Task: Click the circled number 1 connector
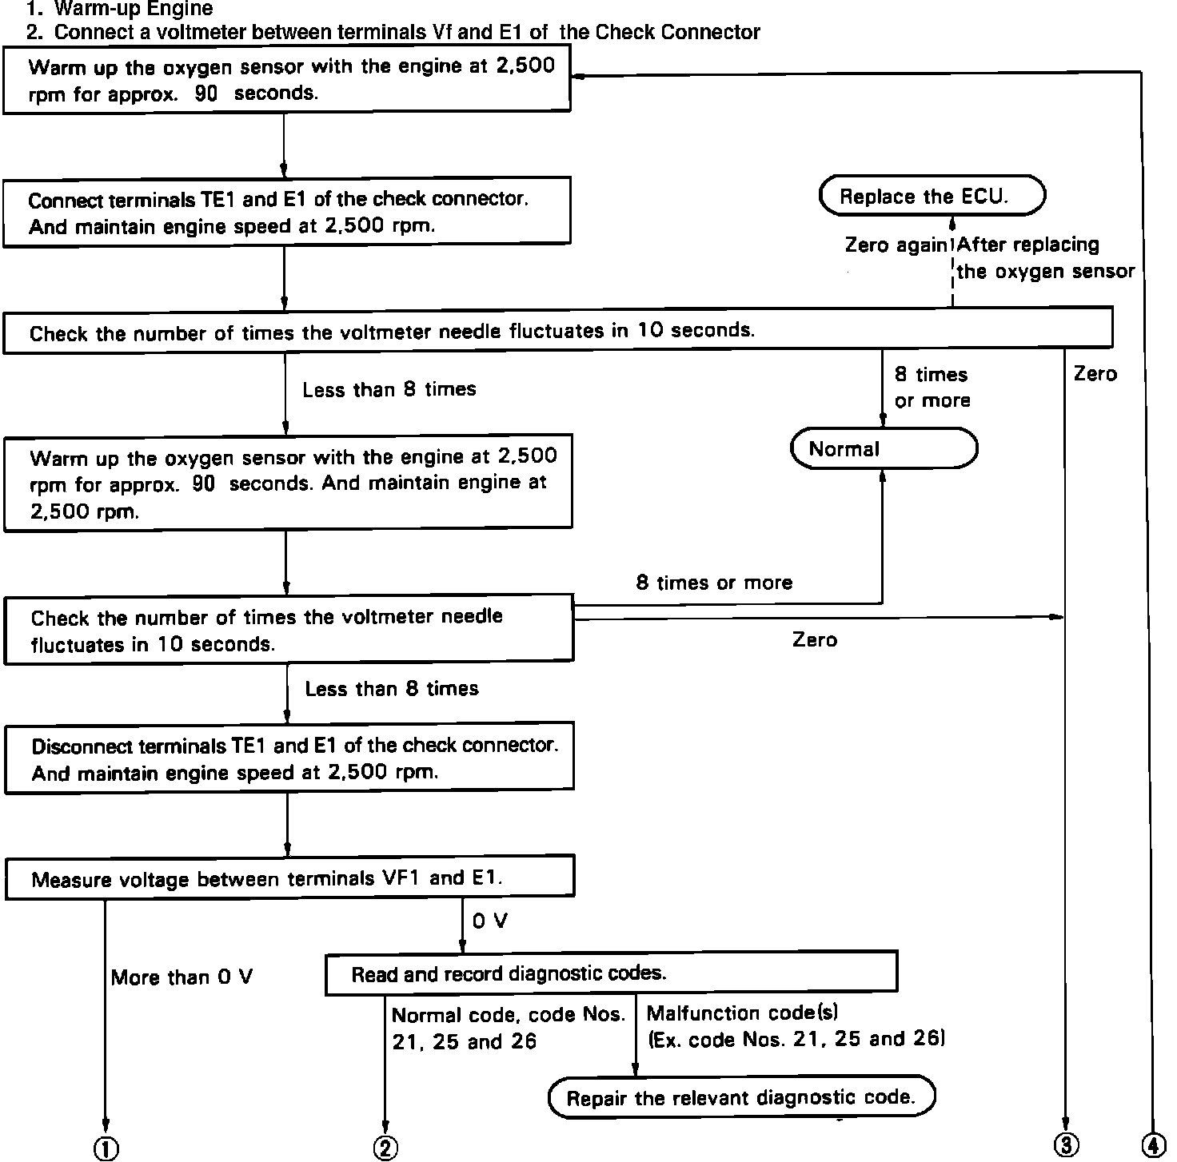coord(106,1148)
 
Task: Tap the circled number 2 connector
coord(385,1148)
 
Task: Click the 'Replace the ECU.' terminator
coord(932,197)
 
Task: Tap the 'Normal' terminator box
coord(884,449)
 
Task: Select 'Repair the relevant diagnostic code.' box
coord(741,1097)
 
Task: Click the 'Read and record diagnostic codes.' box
coord(611,973)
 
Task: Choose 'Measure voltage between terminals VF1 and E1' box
coord(289,878)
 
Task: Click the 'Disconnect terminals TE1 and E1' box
coord(289,758)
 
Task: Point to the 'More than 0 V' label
coord(182,977)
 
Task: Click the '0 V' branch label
coord(489,921)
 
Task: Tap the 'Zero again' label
coord(896,245)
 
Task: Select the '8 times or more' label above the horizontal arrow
coord(714,583)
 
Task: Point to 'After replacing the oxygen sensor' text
coord(1045,258)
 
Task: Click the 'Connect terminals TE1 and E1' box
coord(286,212)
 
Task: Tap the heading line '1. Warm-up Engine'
coord(119,10)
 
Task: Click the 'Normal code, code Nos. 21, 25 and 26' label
coord(508,1028)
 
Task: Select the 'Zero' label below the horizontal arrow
coord(815,639)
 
